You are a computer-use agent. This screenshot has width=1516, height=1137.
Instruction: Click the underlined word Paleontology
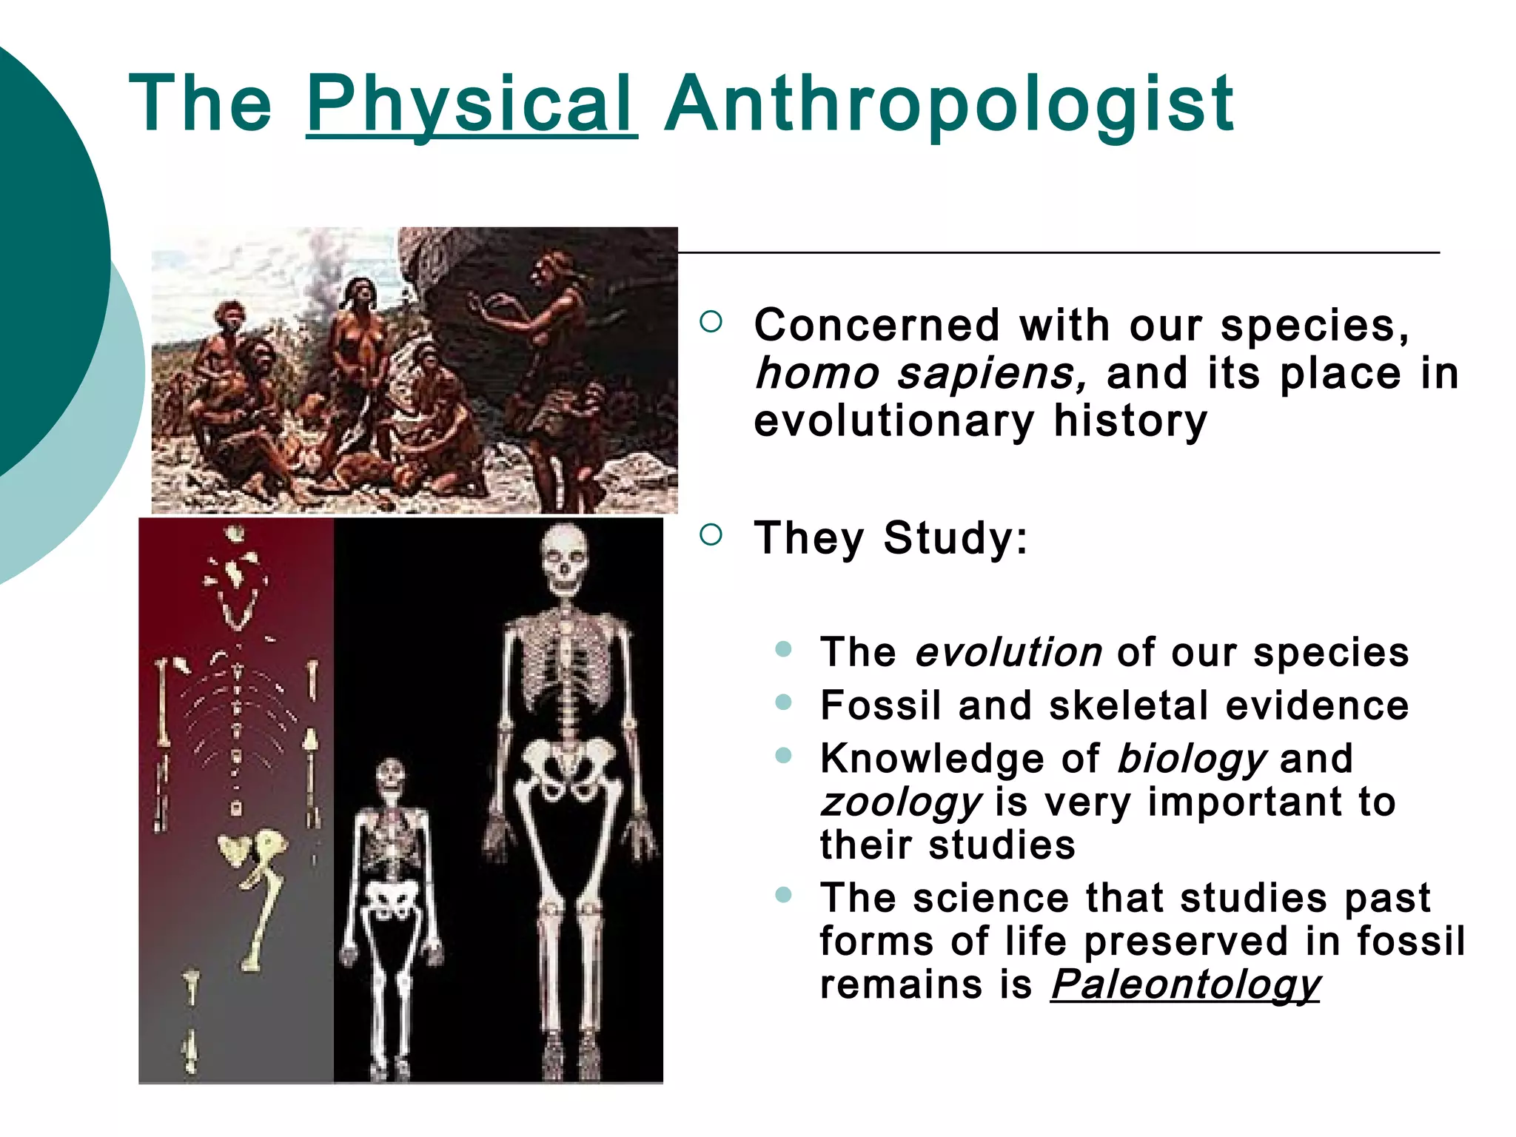click(x=1185, y=985)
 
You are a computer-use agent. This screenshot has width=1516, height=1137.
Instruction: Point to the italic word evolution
click(x=1009, y=653)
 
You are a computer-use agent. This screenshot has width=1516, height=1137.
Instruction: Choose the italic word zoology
click(x=901, y=802)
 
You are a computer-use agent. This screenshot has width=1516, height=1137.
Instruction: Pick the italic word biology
click(x=1193, y=759)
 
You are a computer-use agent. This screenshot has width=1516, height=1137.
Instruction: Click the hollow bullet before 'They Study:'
click(x=710, y=535)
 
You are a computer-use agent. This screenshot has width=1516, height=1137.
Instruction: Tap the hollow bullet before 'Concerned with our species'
click(x=710, y=322)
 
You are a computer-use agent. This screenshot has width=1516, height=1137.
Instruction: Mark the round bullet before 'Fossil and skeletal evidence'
click(x=783, y=702)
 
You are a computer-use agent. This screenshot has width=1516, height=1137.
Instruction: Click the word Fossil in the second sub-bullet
click(x=880, y=705)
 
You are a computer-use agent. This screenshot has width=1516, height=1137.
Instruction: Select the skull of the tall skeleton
click(x=565, y=559)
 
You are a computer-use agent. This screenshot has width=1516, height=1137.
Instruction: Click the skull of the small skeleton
click(x=390, y=777)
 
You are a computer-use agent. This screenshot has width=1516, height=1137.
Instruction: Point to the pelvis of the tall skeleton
click(x=568, y=770)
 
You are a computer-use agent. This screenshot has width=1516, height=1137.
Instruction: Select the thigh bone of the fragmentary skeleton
click(x=261, y=918)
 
